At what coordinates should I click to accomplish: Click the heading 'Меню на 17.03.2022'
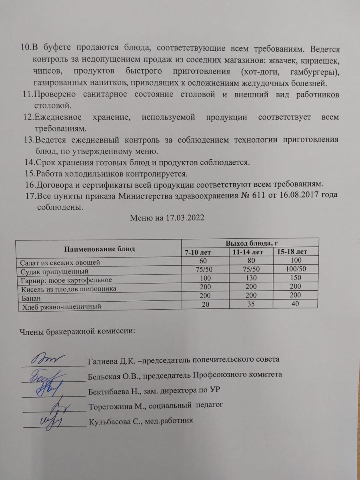167,218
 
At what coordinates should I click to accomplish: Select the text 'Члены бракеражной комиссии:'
77,331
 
